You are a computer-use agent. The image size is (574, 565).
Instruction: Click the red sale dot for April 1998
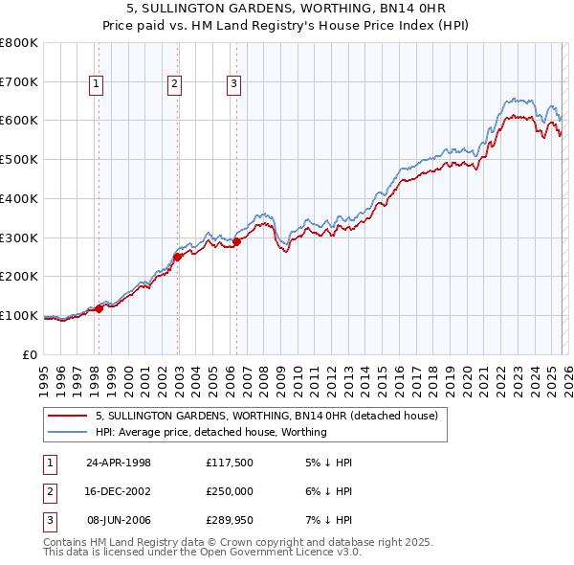99,308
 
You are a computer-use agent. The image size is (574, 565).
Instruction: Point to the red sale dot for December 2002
177,256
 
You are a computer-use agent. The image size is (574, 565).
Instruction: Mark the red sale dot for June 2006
236,241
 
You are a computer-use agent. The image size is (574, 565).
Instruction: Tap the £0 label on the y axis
30,354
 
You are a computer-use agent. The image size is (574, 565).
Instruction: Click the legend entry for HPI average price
211,433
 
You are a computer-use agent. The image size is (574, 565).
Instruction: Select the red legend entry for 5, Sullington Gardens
266,417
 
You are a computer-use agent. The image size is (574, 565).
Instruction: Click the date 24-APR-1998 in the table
119,463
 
